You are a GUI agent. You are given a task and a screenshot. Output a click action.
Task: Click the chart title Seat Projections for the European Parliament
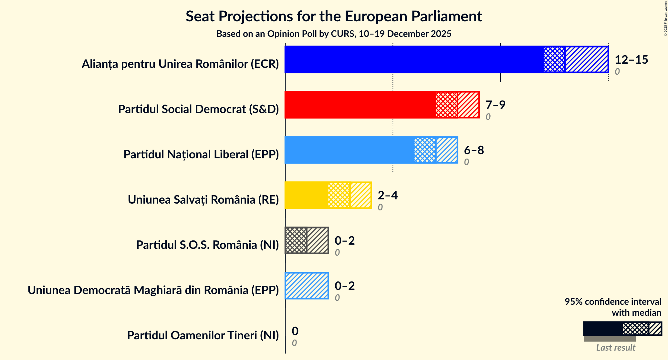pos(334,16)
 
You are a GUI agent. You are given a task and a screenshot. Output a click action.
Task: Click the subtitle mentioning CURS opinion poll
pos(334,34)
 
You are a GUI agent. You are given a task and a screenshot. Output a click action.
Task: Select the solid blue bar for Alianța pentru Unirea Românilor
pos(413,59)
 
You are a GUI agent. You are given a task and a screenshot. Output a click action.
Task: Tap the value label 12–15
pos(631,59)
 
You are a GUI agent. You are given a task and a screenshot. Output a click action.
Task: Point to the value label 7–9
pos(495,105)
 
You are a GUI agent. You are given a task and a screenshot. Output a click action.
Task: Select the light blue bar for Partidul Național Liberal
pos(349,150)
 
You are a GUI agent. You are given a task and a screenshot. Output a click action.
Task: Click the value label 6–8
pos(474,150)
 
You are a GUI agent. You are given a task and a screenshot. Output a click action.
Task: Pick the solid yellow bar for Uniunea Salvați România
pos(306,195)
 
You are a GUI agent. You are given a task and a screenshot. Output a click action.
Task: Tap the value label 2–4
pos(388,195)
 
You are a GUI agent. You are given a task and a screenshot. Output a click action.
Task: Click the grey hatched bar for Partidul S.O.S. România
pos(307,240)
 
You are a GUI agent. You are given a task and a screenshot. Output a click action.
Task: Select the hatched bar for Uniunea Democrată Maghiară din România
pos(307,286)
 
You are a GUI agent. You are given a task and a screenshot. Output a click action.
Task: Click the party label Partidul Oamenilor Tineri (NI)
pos(203,335)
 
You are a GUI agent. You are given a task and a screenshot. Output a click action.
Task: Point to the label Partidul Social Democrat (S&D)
pos(198,109)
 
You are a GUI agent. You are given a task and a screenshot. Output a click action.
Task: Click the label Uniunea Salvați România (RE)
pos(203,199)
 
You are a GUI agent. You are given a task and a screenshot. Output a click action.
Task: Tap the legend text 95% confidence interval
pos(613,302)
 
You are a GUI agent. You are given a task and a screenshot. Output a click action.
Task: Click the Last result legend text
pos(615,347)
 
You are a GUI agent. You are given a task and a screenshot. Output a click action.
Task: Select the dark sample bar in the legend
pos(602,329)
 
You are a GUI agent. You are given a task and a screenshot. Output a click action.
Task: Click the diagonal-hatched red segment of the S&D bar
pos(468,105)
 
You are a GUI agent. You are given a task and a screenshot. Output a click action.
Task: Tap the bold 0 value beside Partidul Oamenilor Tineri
pos(295,331)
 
